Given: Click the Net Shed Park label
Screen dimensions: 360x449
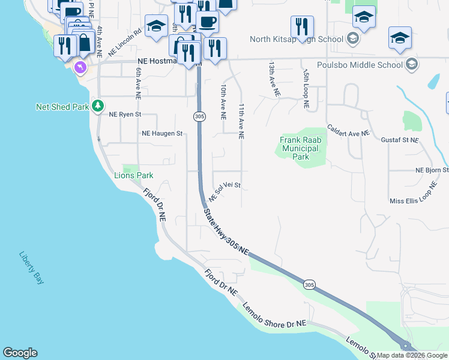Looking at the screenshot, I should (x=62, y=107).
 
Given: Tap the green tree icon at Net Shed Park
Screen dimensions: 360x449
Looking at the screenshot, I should (x=98, y=106).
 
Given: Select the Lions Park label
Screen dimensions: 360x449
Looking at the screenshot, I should (x=134, y=175).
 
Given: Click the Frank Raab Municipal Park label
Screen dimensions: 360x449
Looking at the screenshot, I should (x=301, y=148).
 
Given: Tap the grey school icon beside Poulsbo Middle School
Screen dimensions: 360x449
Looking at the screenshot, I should (x=412, y=64).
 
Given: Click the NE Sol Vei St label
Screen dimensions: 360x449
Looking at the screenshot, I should (x=225, y=191).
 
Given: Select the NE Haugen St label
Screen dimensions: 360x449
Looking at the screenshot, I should (x=161, y=134).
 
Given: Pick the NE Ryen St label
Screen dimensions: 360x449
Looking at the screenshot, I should (x=125, y=114).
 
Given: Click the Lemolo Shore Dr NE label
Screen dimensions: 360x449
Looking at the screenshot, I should (x=274, y=315).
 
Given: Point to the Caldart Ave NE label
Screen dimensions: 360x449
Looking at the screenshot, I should (x=348, y=133).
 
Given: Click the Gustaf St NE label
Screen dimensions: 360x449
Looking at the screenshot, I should (x=400, y=140).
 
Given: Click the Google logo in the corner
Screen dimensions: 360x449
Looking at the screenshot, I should (x=20, y=353).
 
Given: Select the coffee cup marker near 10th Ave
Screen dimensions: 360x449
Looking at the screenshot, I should (x=207, y=22).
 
